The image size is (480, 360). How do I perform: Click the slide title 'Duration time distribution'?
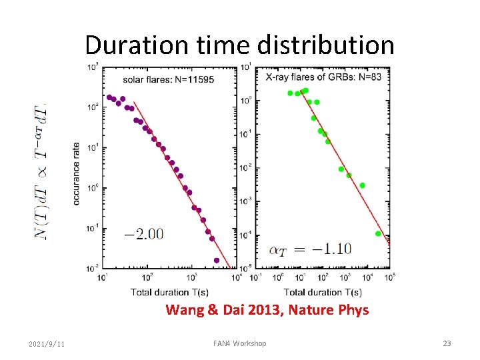tap(239, 45)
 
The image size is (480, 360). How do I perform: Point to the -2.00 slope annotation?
tap(143, 233)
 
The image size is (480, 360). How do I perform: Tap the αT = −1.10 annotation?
tap(310, 249)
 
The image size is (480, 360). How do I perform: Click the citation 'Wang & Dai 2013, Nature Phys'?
tap(267, 310)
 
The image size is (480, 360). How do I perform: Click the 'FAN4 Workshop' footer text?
tap(239, 343)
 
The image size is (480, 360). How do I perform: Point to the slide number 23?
tap(447, 343)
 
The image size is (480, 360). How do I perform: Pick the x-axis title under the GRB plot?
tap(323, 292)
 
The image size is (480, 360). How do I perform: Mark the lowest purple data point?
tap(217, 260)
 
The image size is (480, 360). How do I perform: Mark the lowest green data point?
tap(378, 233)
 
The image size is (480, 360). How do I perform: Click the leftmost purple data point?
tap(109, 97)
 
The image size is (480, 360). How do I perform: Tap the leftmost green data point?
tap(290, 93)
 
